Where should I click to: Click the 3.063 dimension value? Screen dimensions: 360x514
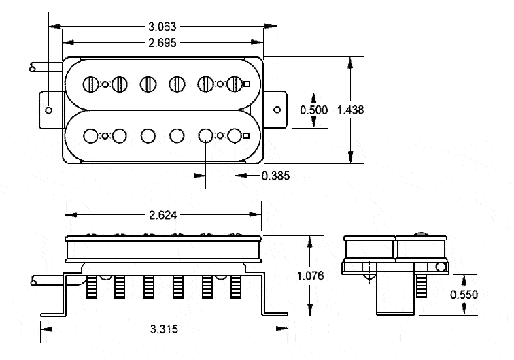point(162,27)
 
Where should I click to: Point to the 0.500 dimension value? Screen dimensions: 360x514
point(313,110)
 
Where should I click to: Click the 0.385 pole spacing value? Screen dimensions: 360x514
point(275,176)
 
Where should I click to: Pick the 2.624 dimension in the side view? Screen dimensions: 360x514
point(162,214)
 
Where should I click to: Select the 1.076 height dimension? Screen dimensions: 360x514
point(311,276)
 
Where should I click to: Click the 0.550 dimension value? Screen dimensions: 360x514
point(464,295)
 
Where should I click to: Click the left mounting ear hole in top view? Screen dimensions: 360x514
point(49,110)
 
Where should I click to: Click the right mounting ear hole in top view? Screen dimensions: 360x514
point(277,110)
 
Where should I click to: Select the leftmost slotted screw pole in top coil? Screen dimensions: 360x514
point(90,84)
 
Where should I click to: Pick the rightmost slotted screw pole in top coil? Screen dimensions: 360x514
point(235,84)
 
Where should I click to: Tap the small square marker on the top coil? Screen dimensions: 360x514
point(247,84)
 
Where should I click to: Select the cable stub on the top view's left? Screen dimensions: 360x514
point(45,68)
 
